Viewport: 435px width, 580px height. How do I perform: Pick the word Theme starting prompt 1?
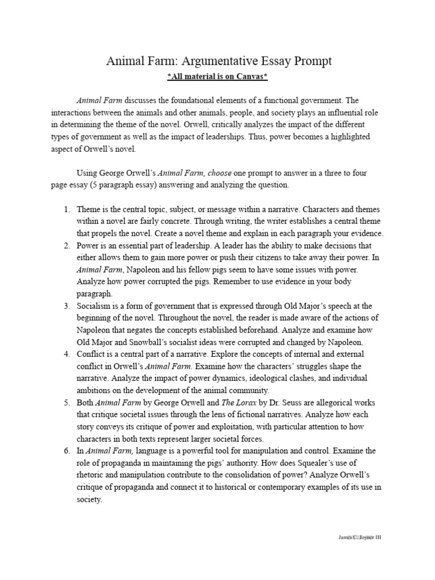89,210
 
